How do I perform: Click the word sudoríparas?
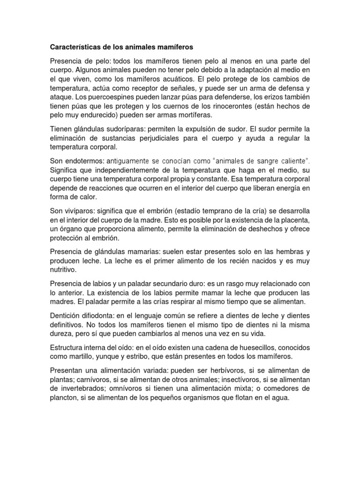[110, 129]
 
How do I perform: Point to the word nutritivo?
[63, 270]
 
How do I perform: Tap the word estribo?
[141, 356]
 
